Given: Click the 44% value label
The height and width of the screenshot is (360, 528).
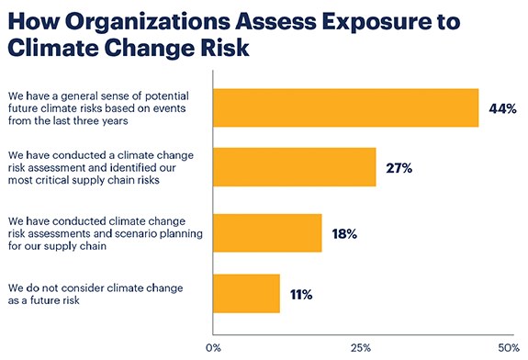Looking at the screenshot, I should (503, 108).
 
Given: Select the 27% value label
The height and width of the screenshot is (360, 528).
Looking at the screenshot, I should (399, 168).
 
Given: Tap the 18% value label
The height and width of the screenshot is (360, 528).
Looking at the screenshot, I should (344, 233).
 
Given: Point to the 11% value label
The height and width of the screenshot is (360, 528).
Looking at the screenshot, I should (301, 294).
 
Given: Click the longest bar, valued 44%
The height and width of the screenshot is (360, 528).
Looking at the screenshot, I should (345, 107).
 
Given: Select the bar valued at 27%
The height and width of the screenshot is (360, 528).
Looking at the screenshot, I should (294, 167).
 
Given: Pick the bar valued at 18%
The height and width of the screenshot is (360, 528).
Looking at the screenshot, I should (267, 232).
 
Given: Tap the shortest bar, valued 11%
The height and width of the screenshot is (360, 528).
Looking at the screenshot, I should (246, 294).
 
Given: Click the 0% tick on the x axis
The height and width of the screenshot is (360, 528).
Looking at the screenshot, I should (213, 348).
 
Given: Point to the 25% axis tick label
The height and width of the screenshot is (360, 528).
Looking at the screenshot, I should (361, 348).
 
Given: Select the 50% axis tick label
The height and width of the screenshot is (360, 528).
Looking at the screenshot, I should (508, 348).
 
